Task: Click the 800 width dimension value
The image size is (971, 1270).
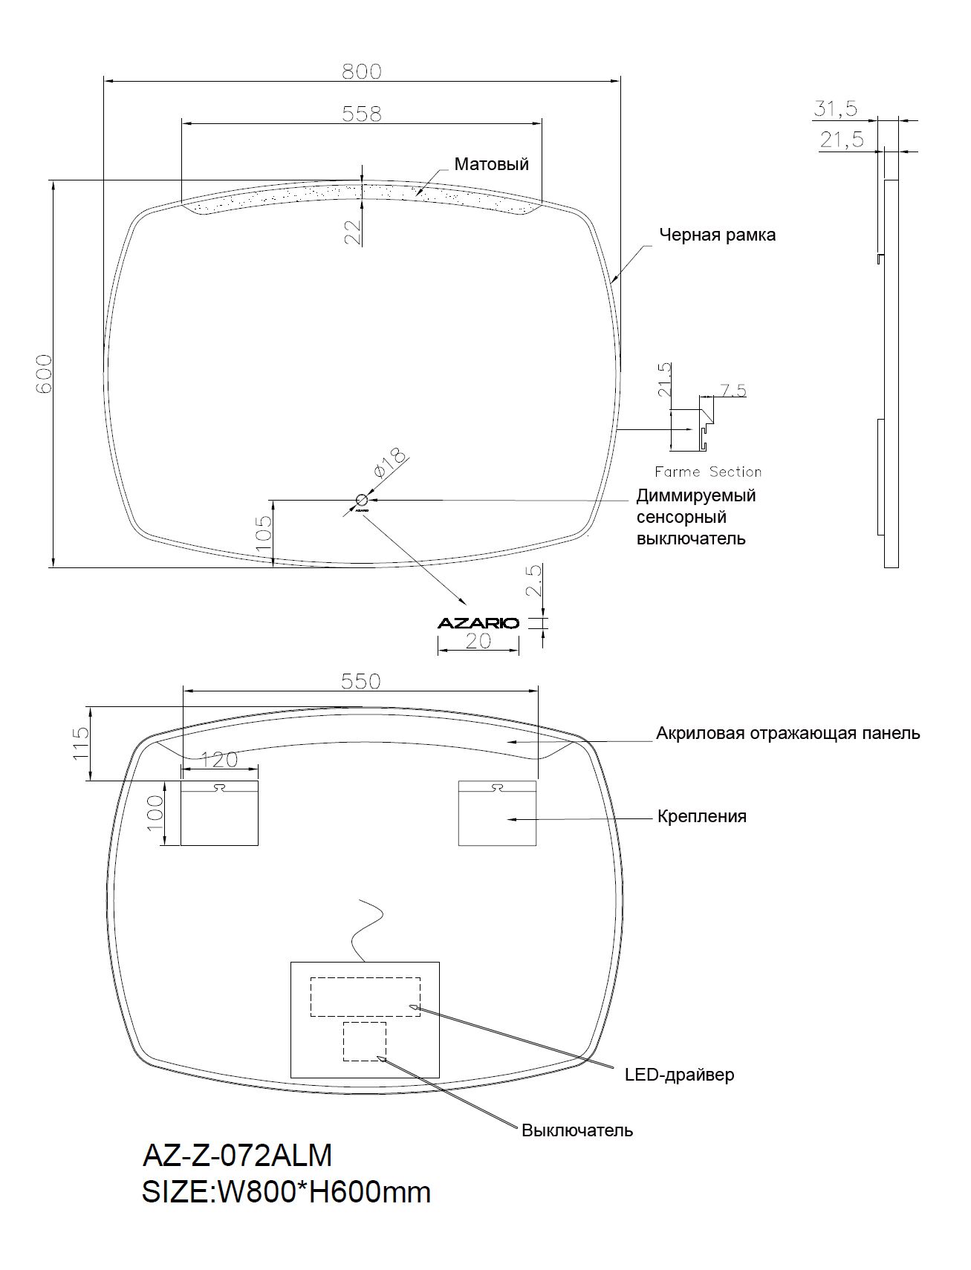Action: (361, 71)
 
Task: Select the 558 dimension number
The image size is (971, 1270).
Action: (361, 114)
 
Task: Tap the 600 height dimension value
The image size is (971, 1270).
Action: (43, 373)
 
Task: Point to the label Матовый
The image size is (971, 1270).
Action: (491, 164)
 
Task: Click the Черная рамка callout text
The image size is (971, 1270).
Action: (718, 235)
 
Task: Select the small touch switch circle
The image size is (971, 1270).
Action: (363, 500)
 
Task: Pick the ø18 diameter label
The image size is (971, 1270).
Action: (390, 463)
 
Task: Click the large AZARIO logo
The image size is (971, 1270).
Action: (478, 623)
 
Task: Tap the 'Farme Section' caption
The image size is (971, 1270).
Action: (708, 472)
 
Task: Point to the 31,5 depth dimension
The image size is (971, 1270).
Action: (836, 109)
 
